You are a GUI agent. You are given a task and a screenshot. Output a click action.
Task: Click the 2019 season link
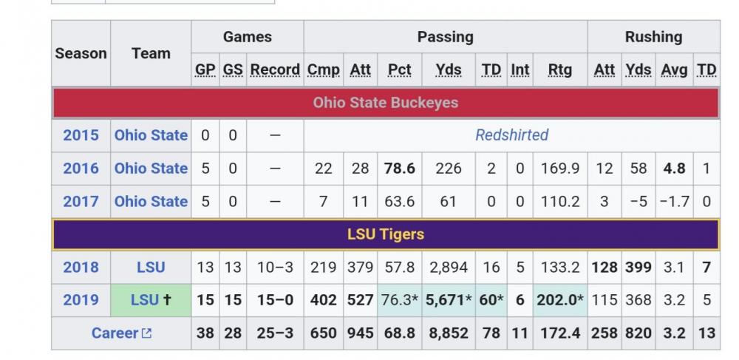pos(81,300)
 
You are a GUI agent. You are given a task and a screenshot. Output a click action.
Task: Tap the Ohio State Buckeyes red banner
pos(385,103)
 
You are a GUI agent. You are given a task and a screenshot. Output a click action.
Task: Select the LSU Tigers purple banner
pos(385,234)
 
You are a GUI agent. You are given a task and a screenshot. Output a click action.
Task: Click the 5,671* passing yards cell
pos(448,300)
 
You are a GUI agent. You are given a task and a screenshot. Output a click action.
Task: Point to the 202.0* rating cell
pos(559,300)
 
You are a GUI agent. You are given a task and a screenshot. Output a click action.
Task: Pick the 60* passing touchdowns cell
pos(491,300)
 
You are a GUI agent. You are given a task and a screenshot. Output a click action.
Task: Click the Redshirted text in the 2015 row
pos(511,135)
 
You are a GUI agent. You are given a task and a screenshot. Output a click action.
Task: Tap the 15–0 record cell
pos(275,300)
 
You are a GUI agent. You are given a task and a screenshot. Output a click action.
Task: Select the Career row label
pos(116,333)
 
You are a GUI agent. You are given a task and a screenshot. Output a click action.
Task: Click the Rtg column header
pos(559,69)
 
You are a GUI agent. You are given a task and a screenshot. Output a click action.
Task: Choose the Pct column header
pos(399,69)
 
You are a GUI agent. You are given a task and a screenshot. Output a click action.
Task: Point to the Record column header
pos(275,69)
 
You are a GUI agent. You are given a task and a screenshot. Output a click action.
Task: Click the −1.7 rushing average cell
pos(674,201)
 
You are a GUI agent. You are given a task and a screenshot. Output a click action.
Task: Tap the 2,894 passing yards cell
pos(448,268)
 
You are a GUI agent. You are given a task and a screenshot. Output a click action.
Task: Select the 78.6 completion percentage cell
pos(399,169)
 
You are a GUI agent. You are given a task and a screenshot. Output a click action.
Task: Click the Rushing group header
pos(653,37)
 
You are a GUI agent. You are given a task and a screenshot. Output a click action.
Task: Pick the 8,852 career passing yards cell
pos(448,333)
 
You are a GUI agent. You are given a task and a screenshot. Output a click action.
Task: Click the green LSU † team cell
pos(151,300)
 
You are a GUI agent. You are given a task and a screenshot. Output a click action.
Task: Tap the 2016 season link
pos(81,169)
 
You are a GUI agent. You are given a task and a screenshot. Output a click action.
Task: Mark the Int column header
pos(520,69)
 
